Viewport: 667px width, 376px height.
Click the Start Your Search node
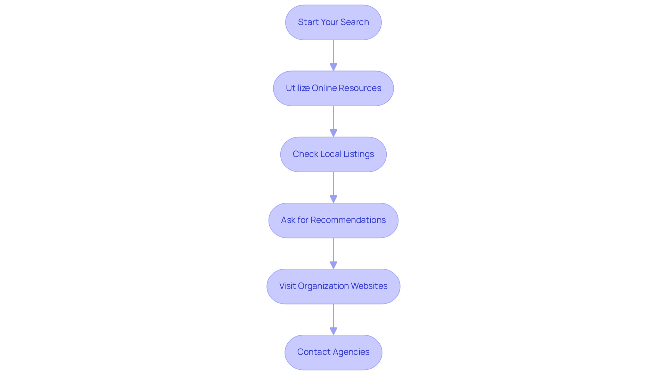point(333,22)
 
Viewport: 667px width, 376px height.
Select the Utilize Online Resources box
point(333,88)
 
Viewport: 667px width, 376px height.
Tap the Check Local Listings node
point(333,154)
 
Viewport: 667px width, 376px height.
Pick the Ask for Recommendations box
point(333,220)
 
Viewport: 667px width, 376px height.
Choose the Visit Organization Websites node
point(333,286)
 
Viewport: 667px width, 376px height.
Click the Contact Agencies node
point(333,352)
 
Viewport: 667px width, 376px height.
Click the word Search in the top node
point(355,22)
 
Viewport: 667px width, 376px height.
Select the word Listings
point(359,154)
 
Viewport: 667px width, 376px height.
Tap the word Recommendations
point(348,220)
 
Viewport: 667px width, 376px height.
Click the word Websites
point(369,286)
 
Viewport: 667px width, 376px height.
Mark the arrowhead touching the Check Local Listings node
point(333,133)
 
